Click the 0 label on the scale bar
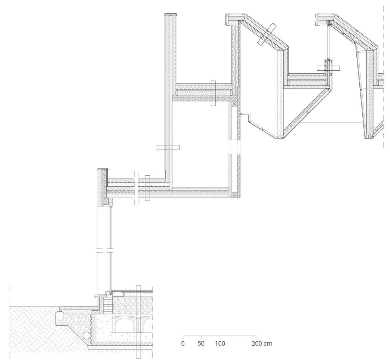click(x=183, y=343)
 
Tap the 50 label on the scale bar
click(x=201, y=343)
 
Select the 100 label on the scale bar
click(x=219, y=343)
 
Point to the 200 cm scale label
click(x=262, y=343)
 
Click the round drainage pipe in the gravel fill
click(x=86, y=335)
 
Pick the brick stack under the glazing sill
click(x=108, y=305)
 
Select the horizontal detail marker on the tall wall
click(x=168, y=147)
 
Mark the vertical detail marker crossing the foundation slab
click(x=138, y=322)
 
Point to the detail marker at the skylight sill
click(x=328, y=68)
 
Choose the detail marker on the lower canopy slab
click(x=147, y=188)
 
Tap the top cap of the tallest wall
click(x=171, y=15)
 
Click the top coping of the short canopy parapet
click(x=103, y=170)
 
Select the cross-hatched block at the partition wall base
click(x=234, y=195)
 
